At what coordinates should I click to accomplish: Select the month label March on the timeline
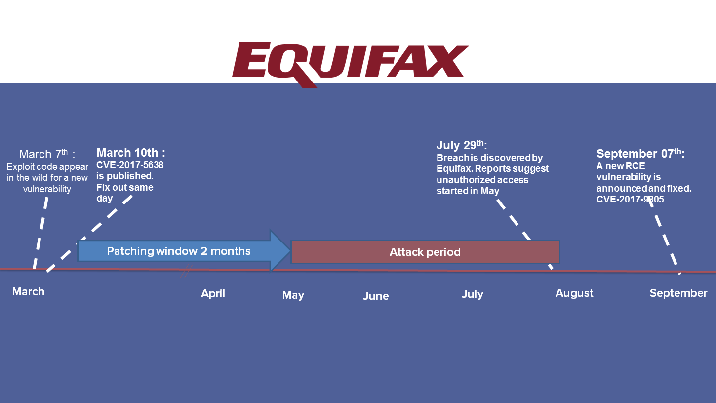coord(28,291)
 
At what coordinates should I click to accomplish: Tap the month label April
coord(213,293)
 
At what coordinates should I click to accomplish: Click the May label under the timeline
coord(293,295)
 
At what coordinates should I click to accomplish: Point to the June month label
coord(376,296)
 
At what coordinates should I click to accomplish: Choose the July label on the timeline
coord(472,294)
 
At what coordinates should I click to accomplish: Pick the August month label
coord(574,293)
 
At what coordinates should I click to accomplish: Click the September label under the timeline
coord(678,293)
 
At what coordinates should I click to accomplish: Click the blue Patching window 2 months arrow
coord(179,251)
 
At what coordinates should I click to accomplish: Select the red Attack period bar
coord(425,252)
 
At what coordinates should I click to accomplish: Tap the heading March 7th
coord(47,154)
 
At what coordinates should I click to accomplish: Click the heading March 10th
coord(130,152)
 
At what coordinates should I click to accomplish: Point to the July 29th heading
coord(461,145)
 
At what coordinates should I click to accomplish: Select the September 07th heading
coord(640,153)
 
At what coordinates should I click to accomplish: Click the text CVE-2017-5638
coord(130,165)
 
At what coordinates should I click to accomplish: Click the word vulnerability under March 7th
coord(47,189)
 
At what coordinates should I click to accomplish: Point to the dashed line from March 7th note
coord(40,232)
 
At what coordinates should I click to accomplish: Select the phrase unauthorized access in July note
coord(482,180)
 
